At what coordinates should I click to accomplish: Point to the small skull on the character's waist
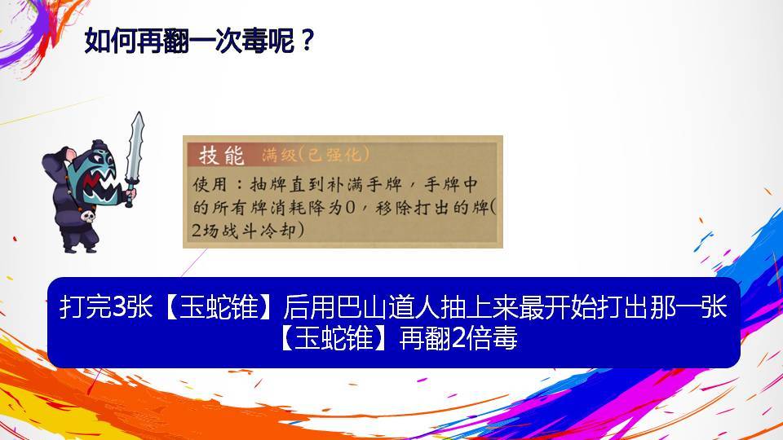coord(87,217)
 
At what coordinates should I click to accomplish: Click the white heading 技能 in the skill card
coord(221,155)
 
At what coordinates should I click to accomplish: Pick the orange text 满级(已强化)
coord(316,155)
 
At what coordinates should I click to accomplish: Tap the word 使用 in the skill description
coord(210,185)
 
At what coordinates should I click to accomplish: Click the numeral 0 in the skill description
coord(351,208)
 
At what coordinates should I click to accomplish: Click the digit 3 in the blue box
coord(120,306)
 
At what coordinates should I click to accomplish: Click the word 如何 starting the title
coord(110,40)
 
